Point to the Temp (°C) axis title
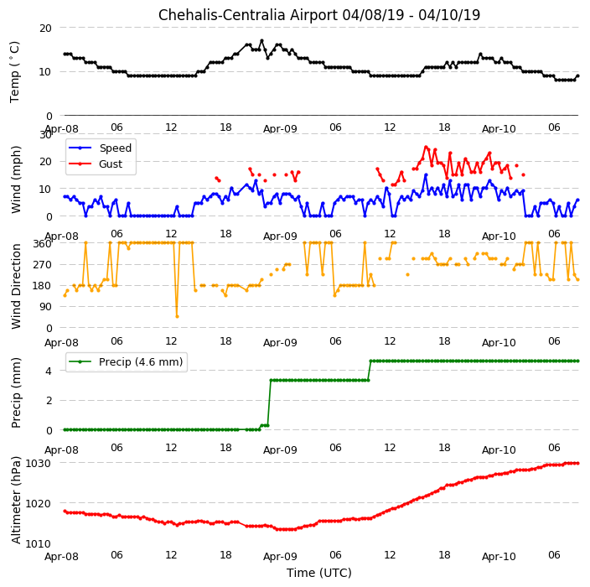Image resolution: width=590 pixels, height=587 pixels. click(x=15, y=72)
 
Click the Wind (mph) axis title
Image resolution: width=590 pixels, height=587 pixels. click(x=16, y=179)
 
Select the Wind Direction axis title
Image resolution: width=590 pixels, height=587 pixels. click(x=16, y=286)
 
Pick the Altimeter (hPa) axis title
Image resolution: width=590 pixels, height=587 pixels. click(x=16, y=500)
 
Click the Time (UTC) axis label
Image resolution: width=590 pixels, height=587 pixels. click(x=319, y=573)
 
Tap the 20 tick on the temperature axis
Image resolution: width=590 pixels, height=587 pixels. click(x=45, y=28)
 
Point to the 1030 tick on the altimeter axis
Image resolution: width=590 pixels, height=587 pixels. click(x=38, y=463)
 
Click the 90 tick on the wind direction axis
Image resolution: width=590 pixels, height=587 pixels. click(x=46, y=306)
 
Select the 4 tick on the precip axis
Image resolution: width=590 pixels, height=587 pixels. click(x=49, y=371)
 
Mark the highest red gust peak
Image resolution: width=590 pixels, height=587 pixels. click(x=426, y=148)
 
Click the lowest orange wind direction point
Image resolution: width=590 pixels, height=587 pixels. click(x=177, y=316)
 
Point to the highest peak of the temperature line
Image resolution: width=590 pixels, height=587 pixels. click(x=261, y=40)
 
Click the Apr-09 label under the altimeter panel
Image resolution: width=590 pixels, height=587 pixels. click(x=280, y=556)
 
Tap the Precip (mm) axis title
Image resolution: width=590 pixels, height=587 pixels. click(x=16, y=392)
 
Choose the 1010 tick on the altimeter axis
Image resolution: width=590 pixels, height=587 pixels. click(x=38, y=543)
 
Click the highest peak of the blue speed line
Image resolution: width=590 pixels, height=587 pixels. click(x=426, y=174)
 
